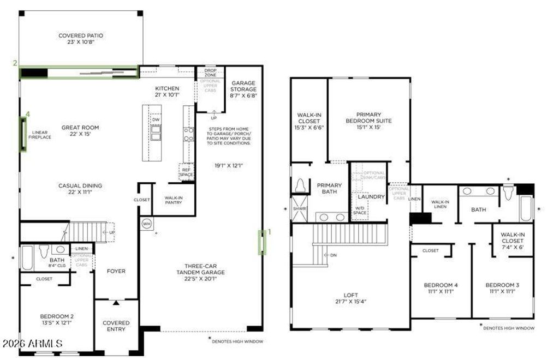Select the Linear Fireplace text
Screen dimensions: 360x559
(x=41, y=135)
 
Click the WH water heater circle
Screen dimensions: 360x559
(x=146, y=223)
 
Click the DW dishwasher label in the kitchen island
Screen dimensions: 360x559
(x=156, y=119)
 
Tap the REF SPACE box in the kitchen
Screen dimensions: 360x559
(x=187, y=172)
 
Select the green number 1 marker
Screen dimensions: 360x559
(x=268, y=231)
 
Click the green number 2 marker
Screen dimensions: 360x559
(x=15, y=63)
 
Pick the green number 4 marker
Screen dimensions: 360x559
(x=27, y=113)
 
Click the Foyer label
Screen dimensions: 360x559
(x=116, y=271)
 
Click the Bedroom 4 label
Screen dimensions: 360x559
(x=441, y=288)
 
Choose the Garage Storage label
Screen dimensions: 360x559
(x=243, y=87)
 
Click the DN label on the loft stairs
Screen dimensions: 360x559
(x=332, y=255)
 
